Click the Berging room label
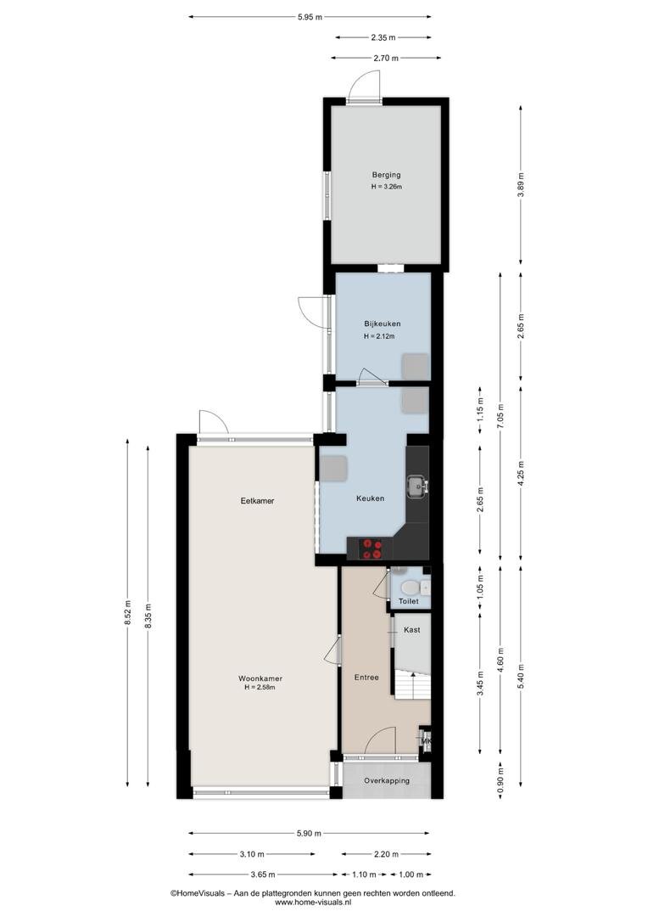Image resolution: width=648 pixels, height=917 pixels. [x=386, y=174]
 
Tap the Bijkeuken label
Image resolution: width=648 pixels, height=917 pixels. [x=383, y=323]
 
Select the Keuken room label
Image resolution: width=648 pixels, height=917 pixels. [x=371, y=498]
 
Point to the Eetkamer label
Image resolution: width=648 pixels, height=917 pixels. [x=257, y=501]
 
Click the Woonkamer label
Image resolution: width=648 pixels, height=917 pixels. [x=260, y=678]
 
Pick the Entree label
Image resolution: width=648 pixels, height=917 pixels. [x=366, y=678]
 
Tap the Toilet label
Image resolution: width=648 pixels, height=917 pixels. [x=409, y=601]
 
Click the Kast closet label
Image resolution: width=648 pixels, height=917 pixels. [x=412, y=630]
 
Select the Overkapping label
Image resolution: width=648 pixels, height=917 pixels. [x=386, y=781]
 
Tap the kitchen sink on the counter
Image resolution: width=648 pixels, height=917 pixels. [x=417, y=486]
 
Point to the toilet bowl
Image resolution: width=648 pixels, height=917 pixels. [x=411, y=587]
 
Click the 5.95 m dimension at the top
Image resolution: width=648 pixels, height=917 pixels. [x=310, y=17]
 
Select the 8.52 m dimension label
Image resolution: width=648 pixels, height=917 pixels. [x=128, y=613]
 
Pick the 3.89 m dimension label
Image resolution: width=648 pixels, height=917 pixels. [x=521, y=185]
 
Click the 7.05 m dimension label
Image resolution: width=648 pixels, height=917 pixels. [x=500, y=416]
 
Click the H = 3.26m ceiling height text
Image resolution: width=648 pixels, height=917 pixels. [x=386, y=187]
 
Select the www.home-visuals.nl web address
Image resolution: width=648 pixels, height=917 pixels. [x=313, y=903]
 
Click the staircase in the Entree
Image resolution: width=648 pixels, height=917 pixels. [x=412, y=684]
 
